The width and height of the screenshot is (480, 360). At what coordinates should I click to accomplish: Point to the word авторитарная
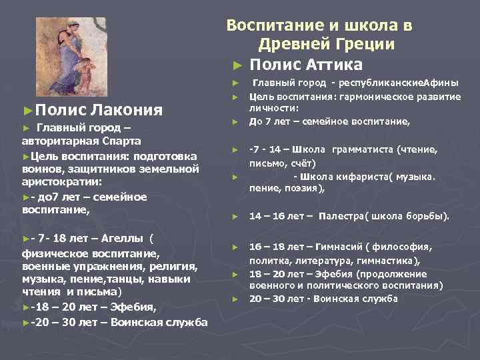click(x=58, y=141)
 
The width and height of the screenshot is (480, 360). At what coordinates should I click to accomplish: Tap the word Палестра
click(x=341, y=217)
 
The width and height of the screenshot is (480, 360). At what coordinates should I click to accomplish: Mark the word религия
click(x=175, y=267)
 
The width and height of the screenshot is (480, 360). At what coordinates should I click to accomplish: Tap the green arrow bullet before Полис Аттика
click(x=237, y=65)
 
